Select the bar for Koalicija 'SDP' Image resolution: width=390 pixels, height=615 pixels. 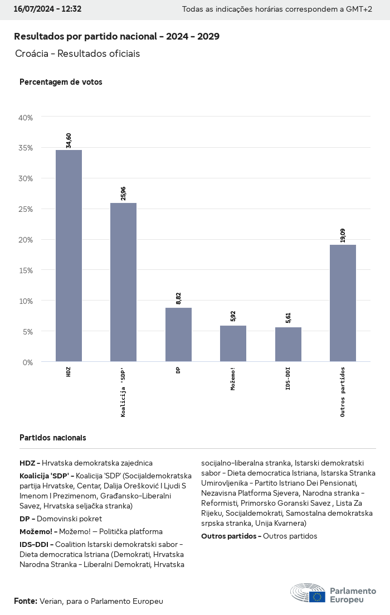123,282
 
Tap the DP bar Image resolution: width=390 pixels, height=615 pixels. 178,335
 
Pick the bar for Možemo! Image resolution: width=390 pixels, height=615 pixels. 233,343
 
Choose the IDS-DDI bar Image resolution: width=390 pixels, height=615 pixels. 288,345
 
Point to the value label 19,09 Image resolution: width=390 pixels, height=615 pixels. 343,235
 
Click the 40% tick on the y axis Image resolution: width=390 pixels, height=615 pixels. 26,118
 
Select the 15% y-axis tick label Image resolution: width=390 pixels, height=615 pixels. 26,270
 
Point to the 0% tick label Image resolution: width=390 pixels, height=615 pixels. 28,362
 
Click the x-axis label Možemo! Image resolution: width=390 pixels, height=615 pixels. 233,379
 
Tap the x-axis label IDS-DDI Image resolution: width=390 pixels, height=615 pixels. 288,378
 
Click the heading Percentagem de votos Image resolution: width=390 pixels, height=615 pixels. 61,82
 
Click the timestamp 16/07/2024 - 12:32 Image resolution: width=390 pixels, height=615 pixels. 47,9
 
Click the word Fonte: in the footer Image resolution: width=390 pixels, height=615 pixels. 26,601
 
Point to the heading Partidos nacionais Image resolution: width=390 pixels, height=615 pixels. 52,438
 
